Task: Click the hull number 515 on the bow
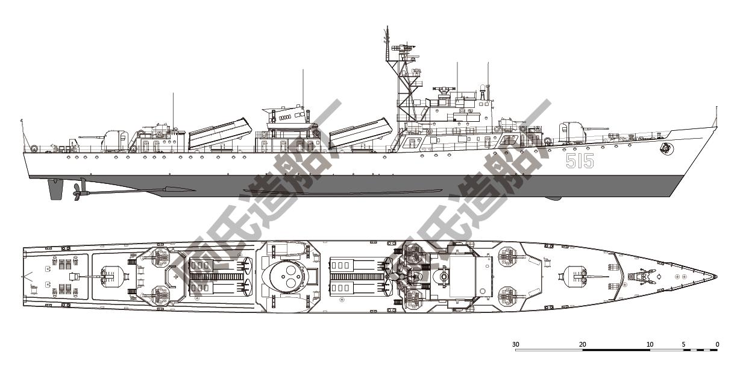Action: coord(580,161)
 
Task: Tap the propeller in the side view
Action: coord(77,192)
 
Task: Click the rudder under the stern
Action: coord(55,190)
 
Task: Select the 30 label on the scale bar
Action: coord(516,344)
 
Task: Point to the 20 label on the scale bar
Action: coord(583,344)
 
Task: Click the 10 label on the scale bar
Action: coord(650,344)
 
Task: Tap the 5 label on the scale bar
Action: coord(683,344)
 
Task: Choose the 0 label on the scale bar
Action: coord(717,344)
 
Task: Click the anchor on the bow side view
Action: coord(665,148)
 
